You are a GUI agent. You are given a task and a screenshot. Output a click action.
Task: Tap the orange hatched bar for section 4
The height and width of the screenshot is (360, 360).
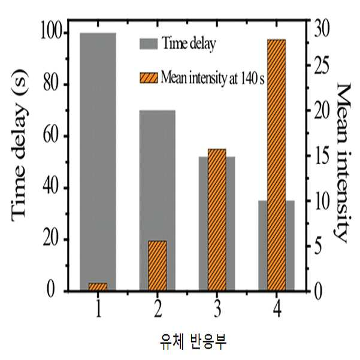coord(277,165)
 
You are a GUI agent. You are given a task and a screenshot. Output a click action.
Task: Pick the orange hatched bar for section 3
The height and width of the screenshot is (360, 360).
coord(217,220)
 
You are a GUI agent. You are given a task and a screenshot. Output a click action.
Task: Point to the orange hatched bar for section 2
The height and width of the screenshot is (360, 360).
coord(158,265)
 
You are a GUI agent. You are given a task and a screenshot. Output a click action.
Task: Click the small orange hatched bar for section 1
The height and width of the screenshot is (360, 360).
coord(98,287)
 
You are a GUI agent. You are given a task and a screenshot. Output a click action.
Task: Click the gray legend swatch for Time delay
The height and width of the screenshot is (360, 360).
coord(149,44)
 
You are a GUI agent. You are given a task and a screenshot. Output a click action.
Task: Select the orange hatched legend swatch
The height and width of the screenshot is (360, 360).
coord(149,78)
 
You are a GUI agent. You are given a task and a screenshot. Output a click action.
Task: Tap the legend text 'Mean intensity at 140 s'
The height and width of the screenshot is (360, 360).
coord(213,78)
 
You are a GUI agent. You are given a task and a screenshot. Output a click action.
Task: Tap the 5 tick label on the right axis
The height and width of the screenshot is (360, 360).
coord(318,246)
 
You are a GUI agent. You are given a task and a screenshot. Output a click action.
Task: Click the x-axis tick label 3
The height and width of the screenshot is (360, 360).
coord(217,309)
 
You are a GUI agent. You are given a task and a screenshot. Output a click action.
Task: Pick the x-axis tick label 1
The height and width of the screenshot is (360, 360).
coord(98,309)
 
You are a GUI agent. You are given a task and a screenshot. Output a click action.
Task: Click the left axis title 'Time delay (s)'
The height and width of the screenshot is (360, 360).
coord(20,145)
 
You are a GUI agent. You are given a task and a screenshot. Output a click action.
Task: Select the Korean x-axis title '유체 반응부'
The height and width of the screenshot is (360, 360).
coord(193,342)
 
